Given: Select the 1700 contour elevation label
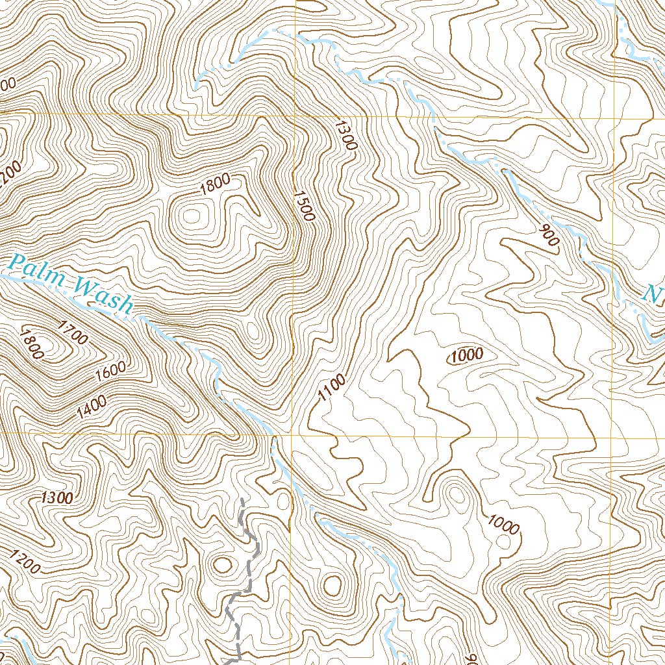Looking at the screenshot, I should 72,331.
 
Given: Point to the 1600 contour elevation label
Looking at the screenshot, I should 110,371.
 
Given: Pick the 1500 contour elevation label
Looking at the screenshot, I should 304,205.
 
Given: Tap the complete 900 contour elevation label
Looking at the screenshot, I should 549,235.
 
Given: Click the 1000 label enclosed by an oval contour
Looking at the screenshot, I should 466,355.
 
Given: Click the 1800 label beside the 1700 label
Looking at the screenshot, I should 31,344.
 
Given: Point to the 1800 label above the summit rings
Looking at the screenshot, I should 216,187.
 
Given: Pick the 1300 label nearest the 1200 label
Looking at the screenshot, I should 56,498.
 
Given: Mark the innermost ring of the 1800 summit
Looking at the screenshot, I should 192,216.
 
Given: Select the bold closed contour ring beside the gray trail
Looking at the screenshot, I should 223,565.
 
